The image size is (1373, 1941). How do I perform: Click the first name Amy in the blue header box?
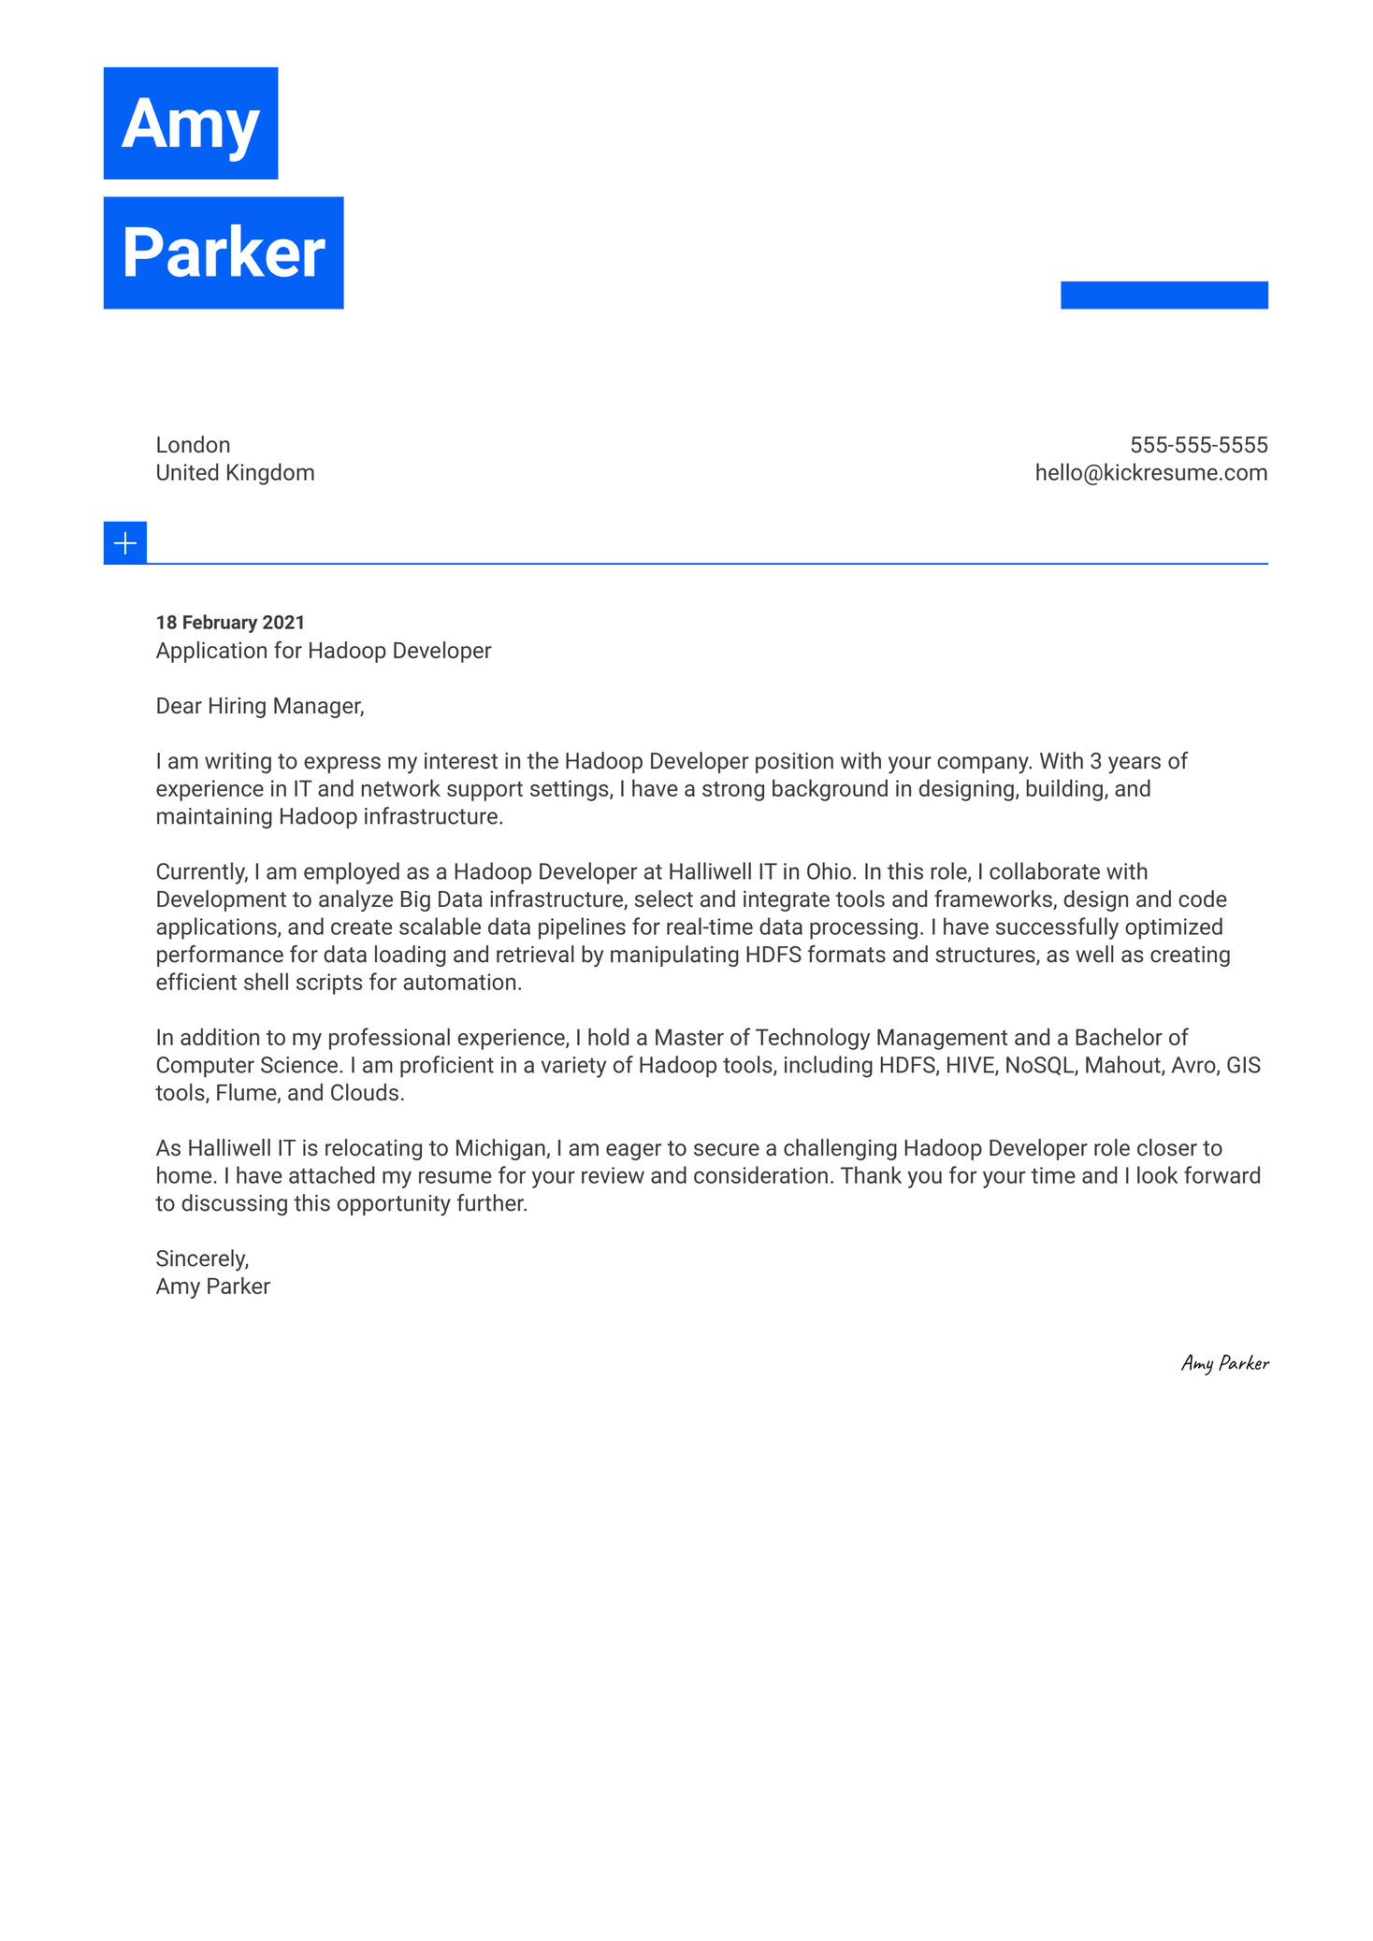tap(190, 123)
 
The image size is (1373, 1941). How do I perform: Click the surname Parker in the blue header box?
tap(223, 252)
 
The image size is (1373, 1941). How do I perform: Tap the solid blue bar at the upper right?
tap(1163, 295)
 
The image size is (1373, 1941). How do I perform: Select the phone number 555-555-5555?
tap(1198, 445)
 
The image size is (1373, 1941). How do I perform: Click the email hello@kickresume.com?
tap(1150, 473)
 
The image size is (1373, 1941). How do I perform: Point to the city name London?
tap(193, 445)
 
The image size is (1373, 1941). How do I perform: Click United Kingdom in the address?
tap(235, 473)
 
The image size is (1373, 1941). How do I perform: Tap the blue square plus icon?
tap(124, 543)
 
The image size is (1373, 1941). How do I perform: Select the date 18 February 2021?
tap(230, 623)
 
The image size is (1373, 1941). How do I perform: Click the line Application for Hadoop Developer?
tap(323, 651)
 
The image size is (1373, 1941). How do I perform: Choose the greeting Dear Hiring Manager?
tap(259, 706)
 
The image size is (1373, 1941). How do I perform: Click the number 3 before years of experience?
tap(1095, 761)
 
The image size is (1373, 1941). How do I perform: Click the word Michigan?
tap(499, 1148)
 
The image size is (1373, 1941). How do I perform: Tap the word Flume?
tap(245, 1093)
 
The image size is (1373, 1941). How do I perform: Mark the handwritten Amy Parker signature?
tap(1224, 1363)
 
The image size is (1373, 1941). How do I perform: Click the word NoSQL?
tap(1039, 1066)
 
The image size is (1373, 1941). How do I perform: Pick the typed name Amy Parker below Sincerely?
tap(212, 1287)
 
